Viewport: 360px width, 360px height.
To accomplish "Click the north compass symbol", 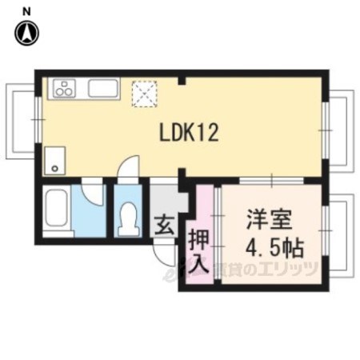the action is (26, 33).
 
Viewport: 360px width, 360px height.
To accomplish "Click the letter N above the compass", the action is (26, 11).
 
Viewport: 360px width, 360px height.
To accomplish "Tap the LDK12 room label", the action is (189, 133).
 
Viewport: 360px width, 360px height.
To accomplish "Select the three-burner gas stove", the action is (64, 88).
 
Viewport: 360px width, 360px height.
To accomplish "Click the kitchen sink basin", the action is (103, 88).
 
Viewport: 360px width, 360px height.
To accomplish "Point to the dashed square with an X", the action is (145, 94).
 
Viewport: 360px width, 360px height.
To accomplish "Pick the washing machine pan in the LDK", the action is (55, 161).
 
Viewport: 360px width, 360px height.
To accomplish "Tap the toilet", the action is (128, 219).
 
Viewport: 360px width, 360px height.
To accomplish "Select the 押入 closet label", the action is (198, 252).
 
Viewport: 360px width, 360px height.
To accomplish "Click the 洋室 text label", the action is (270, 219).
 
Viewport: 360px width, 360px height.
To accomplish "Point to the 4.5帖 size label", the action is (274, 247).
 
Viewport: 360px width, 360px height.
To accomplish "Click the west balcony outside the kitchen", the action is (20, 122).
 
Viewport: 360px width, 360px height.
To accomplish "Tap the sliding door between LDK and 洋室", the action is (271, 181).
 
